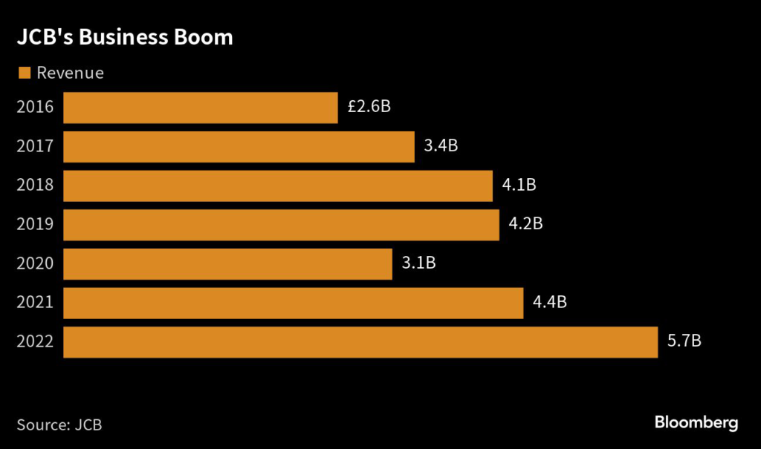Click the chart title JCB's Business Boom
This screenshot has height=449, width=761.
tap(125, 38)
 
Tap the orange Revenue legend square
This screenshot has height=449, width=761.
tap(24, 73)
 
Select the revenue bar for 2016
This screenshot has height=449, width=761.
tap(201, 108)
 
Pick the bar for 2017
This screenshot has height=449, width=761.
tap(239, 146)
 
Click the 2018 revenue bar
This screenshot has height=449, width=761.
tap(278, 186)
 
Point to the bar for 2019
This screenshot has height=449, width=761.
tap(281, 225)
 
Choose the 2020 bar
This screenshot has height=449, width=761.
tap(227, 264)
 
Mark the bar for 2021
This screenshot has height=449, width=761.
tap(294, 304)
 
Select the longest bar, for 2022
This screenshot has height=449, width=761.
tap(360, 342)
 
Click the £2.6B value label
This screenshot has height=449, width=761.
tap(369, 106)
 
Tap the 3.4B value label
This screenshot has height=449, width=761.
tap(441, 145)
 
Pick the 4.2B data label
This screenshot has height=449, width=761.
tap(526, 223)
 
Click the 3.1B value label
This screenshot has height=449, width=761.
tap(418, 263)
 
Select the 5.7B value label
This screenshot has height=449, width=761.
tap(684, 341)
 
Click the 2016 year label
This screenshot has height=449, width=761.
tap(35, 107)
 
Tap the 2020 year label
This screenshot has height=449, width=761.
tap(35, 263)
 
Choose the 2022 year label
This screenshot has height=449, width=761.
tap(35, 342)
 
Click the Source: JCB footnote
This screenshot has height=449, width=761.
tap(59, 425)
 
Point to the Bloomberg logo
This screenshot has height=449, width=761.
tap(696, 423)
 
